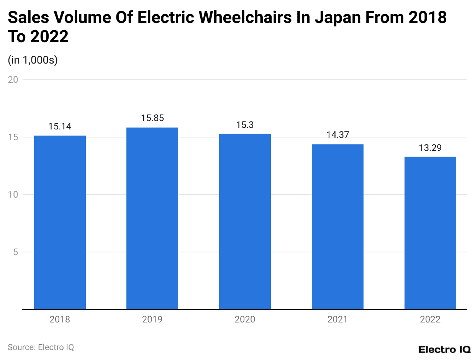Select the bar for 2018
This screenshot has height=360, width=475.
click(x=60, y=222)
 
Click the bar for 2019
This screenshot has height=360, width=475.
click(x=152, y=218)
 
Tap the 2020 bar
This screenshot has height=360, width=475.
click(x=245, y=221)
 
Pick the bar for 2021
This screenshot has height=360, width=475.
click(x=337, y=227)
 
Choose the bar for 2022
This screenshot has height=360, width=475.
click(x=430, y=233)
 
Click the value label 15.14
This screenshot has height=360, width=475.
click(x=60, y=126)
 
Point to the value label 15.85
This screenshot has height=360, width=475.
click(x=152, y=118)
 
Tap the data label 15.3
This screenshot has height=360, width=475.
click(x=245, y=125)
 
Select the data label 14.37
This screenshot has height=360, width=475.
click(x=337, y=135)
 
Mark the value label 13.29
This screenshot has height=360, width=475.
click(x=430, y=148)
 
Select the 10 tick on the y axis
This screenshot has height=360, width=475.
click(x=13, y=195)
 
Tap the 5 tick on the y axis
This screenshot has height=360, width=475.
click(x=16, y=252)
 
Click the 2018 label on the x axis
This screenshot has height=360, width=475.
click(x=60, y=319)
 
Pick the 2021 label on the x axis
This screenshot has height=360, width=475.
click(x=337, y=319)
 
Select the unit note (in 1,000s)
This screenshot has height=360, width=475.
click(x=33, y=60)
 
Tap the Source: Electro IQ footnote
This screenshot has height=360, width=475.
click(x=41, y=347)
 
